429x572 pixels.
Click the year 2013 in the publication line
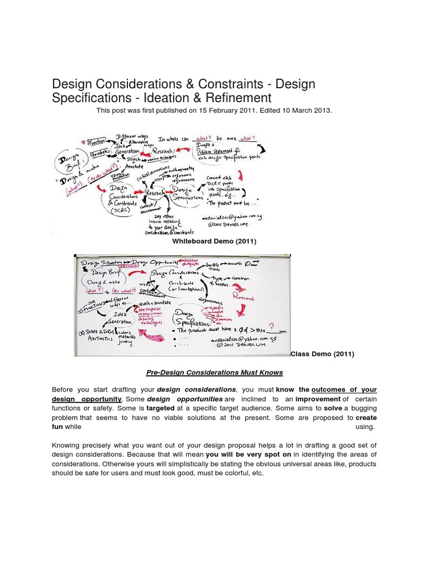pos(321,111)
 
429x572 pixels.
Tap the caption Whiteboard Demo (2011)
pos(214,241)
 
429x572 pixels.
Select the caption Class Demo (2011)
pos(322,354)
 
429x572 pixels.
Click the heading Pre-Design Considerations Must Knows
pos(214,373)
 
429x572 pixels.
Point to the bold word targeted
pos(160,408)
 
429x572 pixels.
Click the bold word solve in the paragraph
pos(333,408)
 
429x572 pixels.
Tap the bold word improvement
pos(318,399)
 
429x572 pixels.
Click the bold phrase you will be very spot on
pos(249,455)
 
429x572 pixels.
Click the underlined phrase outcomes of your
pos(344,389)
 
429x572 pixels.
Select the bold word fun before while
pos(58,427)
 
